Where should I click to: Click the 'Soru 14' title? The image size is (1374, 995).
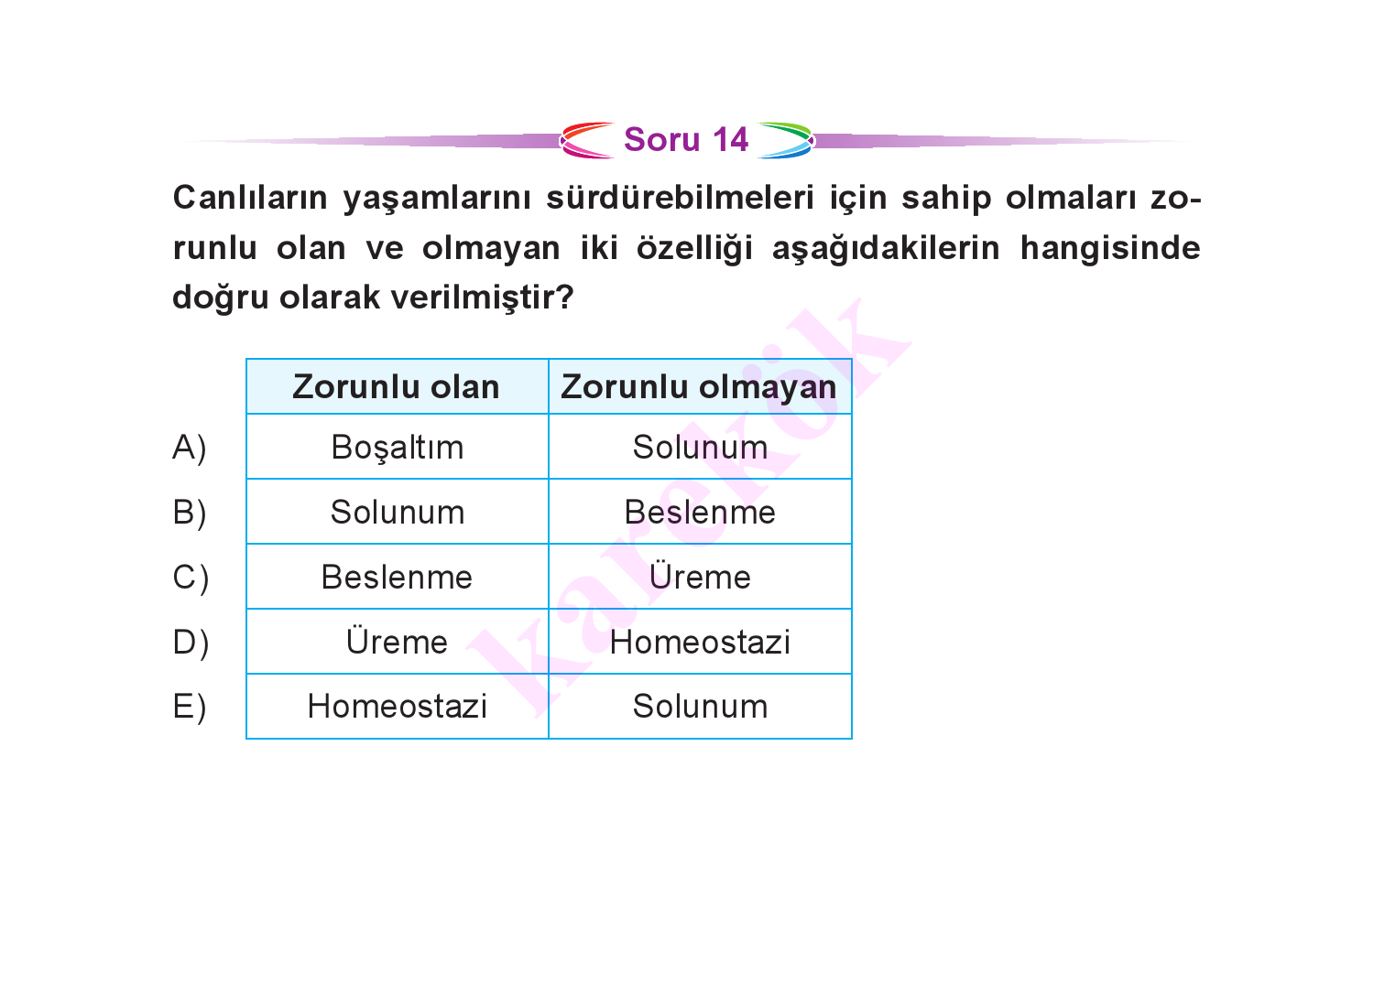(686, 140)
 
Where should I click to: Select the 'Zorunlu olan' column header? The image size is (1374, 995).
(397, 387)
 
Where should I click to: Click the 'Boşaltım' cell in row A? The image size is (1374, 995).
(398, 448)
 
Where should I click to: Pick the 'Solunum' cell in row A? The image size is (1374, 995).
(700, 447)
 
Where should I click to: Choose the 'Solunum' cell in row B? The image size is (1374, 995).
(398, 512)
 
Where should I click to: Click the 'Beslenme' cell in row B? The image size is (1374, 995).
(700, 512)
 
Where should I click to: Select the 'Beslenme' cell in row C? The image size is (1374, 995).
(397, 577)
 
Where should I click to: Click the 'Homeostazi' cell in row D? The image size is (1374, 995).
(700, 642)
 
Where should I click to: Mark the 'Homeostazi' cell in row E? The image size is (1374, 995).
(398, 707)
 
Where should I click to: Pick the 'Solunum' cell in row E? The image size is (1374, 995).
(700, 707)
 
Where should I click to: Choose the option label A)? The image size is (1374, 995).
(190, 449)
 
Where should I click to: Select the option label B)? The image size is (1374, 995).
(190, 514)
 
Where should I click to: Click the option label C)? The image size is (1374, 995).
(191, 579)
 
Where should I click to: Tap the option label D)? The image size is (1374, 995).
(191, 644)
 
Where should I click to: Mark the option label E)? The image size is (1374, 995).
(190, 708)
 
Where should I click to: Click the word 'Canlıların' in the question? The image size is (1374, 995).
(250, 198)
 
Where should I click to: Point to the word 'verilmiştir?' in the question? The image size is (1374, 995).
(482, 297)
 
